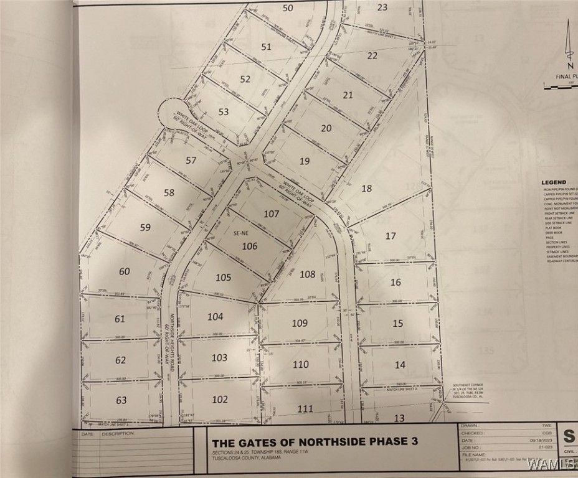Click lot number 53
coord(224,112)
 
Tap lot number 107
coord(271,213)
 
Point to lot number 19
coord(305,161)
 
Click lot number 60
coord(125,271)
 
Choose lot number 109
coord(300,322)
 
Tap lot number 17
coord(391,236)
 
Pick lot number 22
coord(372,55)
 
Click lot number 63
coord(121,400)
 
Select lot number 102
coord(220,400)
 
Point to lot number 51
coord(266,47)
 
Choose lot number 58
coord(169,192)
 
